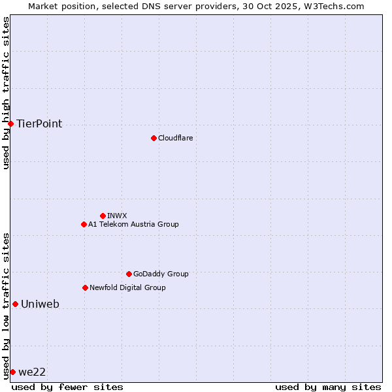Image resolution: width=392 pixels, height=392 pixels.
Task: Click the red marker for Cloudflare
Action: [154, 138]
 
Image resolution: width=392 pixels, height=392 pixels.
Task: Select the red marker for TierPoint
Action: [10, 123]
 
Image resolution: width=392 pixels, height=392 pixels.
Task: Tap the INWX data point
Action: [103, 216]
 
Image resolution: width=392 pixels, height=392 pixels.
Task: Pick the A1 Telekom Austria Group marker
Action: [84, 224]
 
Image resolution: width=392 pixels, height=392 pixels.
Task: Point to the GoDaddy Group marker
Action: [129, 274]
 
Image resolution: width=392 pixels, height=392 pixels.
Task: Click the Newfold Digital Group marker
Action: [85, 287]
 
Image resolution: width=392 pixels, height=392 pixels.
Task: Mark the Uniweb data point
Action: [15, 304]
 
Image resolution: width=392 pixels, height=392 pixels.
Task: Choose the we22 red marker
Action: [12, 372]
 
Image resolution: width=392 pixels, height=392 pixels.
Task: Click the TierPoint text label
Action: [39, 123]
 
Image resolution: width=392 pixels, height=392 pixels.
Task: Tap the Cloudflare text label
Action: [175, 138]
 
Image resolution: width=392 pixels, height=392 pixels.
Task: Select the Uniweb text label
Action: [40, 304]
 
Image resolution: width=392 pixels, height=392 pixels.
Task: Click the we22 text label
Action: [32, 372]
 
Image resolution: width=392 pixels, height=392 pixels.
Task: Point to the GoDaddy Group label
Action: [161, 274]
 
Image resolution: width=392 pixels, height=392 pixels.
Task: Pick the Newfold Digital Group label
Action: [127, 287]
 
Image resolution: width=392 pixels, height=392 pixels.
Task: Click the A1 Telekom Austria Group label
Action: [133, 224]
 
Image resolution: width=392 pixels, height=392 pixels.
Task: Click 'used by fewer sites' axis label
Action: [67, 387]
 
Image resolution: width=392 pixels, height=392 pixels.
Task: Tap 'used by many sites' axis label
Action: [328, 387]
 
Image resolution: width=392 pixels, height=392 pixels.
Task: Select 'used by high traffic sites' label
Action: [6, 93]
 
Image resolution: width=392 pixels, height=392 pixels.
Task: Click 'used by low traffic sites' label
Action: [6, 305]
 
